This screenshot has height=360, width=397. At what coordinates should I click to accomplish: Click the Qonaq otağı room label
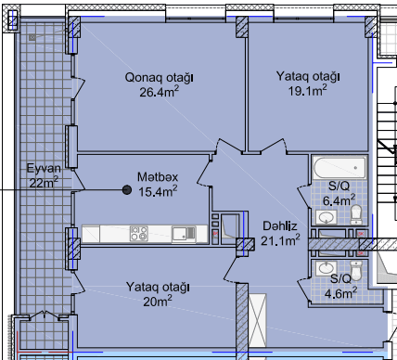pos(159,77)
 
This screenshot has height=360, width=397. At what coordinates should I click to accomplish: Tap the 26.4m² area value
pos(159,92)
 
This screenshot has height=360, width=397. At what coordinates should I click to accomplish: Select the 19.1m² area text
pos(308,90)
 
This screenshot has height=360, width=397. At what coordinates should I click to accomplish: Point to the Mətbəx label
pos(158,177)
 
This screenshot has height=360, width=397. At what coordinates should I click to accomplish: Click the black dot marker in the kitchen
pos(127,190)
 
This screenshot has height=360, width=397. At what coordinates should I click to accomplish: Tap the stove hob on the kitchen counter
pos(139,234)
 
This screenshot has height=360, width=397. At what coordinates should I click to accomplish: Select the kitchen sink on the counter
pos(184,234)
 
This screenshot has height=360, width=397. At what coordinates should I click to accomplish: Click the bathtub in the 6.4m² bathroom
pos(339,168)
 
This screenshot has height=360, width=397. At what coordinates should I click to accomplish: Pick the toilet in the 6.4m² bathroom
pos(356,214)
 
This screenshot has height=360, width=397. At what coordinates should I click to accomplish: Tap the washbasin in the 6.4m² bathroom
pos(327,217)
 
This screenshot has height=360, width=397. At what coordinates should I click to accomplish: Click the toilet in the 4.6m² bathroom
pos(356,270)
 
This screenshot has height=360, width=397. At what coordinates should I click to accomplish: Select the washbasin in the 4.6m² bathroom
pos(327,268)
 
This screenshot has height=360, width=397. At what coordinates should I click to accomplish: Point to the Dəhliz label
pos(280,226)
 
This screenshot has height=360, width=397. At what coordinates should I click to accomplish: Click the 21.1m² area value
pos(280,240)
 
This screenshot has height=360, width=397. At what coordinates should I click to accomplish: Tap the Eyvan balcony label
pos(44,168)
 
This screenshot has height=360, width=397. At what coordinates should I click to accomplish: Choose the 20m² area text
pos(158,301)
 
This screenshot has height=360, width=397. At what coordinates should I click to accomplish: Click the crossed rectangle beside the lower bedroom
pos(257,320)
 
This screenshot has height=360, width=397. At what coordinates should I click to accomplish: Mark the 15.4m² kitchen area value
pos(158,191)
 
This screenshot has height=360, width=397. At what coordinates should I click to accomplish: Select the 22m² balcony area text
pos(44,182)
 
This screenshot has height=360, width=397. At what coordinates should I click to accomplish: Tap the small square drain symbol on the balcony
pos(32,38)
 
